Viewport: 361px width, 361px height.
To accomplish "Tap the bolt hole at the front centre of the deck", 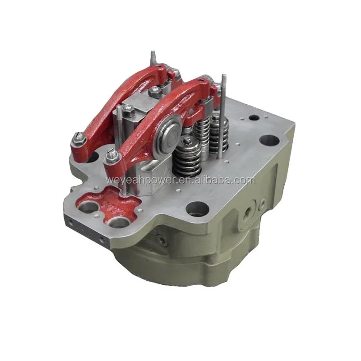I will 197,209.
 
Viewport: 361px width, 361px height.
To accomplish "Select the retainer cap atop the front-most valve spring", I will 189,144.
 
